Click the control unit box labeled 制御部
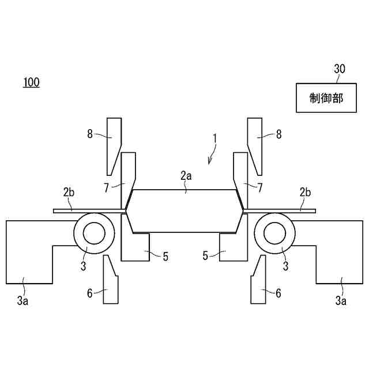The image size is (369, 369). tap(326, 98)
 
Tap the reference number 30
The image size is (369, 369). tap(340, 69)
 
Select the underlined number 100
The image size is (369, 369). tap(31, 82)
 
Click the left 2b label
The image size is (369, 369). tap(69, 191)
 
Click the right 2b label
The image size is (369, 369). tap(304, 191)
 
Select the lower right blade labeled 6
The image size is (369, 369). tap(258, 283)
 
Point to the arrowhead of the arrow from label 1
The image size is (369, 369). tap(209, 163)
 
